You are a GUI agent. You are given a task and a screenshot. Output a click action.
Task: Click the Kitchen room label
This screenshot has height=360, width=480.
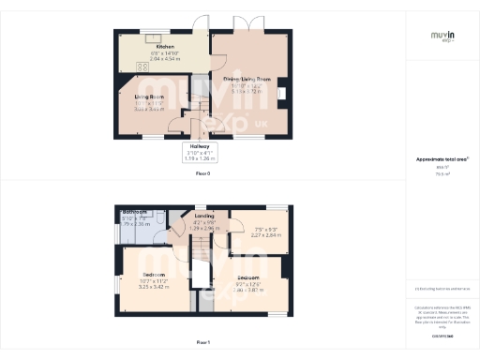(165, 46)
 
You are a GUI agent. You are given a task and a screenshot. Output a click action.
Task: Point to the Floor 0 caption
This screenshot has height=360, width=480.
(202, 174)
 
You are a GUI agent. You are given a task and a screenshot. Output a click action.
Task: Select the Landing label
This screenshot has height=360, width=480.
(203, 216)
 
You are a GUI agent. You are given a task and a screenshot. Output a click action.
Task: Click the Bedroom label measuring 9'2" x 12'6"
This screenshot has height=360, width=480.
(247, 278)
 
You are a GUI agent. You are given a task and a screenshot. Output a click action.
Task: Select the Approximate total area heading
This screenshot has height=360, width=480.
(442, 159)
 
